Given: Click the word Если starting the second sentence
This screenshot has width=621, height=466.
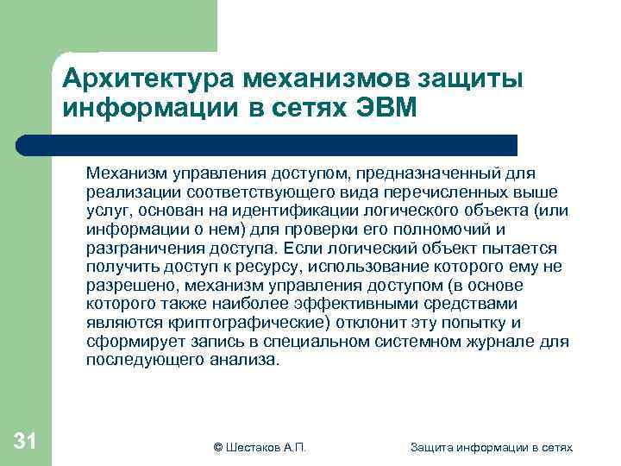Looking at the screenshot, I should click(x=303, y=249).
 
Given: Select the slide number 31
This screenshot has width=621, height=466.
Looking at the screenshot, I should click(x=25, y=443).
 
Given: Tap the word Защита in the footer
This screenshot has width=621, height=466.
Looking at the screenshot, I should click(x=431, y=448).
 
